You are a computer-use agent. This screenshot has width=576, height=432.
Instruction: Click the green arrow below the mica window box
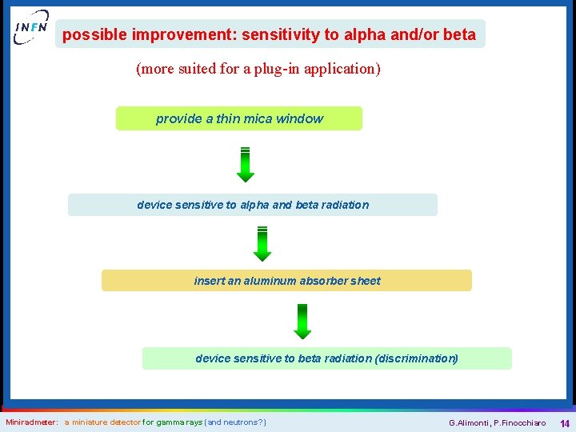point(246,164)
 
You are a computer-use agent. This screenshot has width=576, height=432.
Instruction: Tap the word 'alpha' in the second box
point(254,205)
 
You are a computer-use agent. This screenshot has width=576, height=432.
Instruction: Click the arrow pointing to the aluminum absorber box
point(262,243)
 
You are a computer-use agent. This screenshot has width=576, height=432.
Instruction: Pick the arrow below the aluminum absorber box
point(302,322)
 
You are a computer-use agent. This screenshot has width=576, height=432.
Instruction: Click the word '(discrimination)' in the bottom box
point(416,358)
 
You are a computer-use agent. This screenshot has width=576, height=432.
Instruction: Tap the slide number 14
point(564,423)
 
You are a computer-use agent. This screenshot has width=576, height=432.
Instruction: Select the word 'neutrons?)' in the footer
point(245,422)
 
